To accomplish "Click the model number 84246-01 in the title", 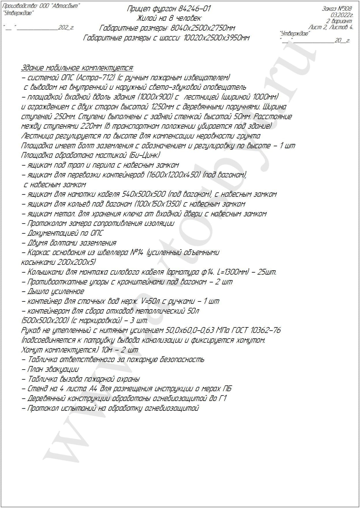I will [195, 9].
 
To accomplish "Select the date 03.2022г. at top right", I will [342, 15].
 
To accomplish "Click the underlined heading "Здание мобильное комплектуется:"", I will [77, 68].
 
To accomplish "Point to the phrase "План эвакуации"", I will [53, 369].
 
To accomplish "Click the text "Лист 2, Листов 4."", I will [331, 27].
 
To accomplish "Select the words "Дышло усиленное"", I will [56, 291].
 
